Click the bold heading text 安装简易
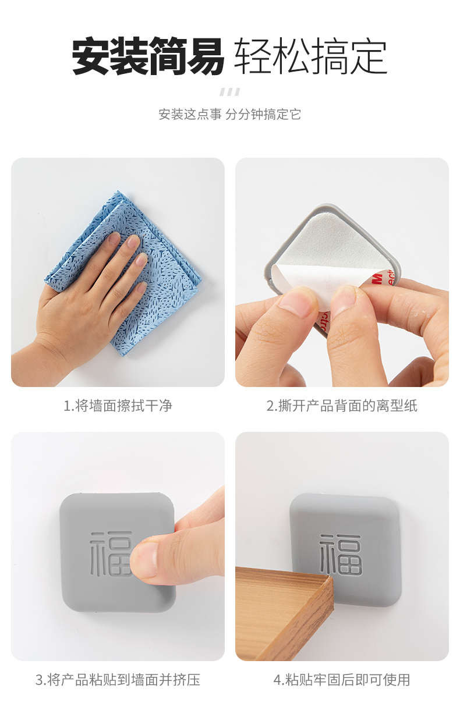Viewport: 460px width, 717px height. (148, 56)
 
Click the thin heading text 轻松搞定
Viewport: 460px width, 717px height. (311, 56)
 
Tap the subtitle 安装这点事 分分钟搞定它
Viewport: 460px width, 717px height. (230, 114)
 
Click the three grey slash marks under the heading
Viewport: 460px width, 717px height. (229, 92)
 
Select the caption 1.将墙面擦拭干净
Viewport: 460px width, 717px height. (118, 406)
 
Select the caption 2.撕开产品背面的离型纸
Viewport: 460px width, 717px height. (342, 406)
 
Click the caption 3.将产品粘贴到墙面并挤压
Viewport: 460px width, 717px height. (118, 680)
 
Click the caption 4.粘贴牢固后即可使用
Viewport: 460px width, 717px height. (342, 680)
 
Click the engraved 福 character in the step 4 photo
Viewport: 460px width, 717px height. (341, 555)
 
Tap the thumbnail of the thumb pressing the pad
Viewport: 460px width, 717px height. (144, 560)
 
